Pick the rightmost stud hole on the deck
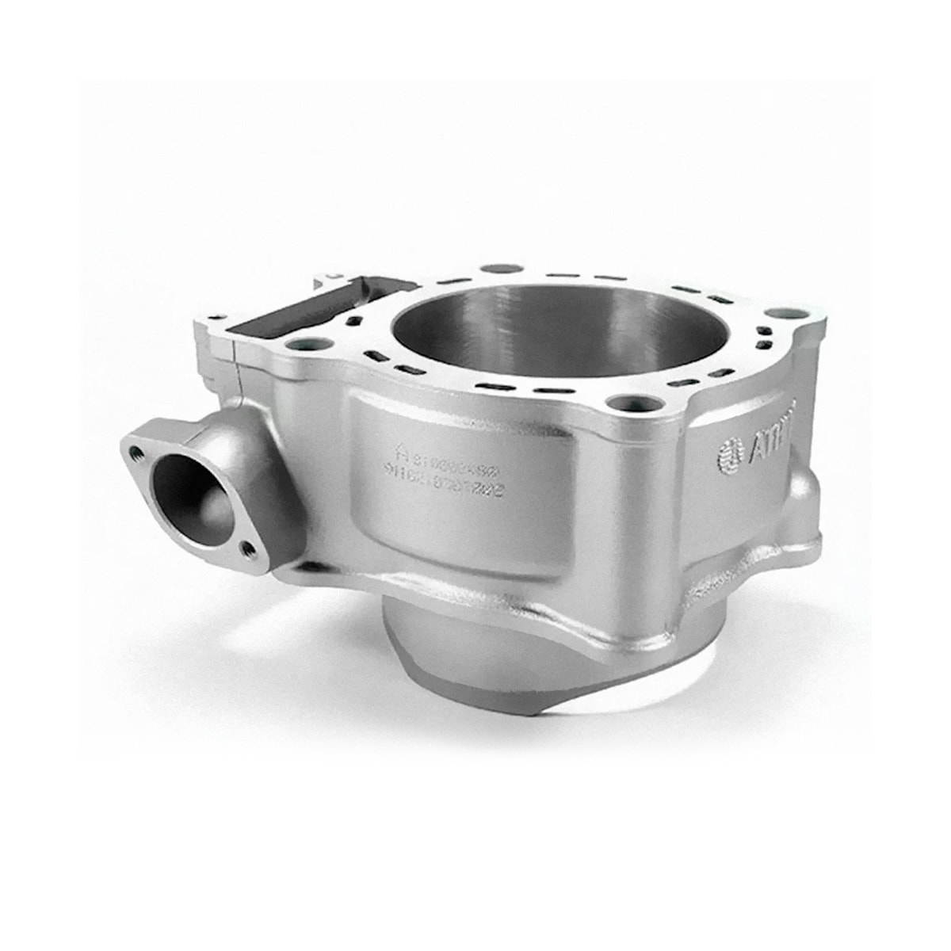[784, 313]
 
